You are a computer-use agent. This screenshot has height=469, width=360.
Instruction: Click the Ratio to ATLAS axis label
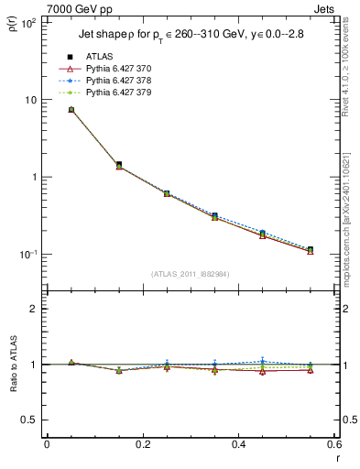[x=13, y=364]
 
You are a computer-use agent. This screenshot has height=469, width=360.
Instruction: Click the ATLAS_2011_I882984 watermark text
[x=191, y=273]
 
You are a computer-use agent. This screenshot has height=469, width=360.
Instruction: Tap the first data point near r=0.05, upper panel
[x=71, y=109]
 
